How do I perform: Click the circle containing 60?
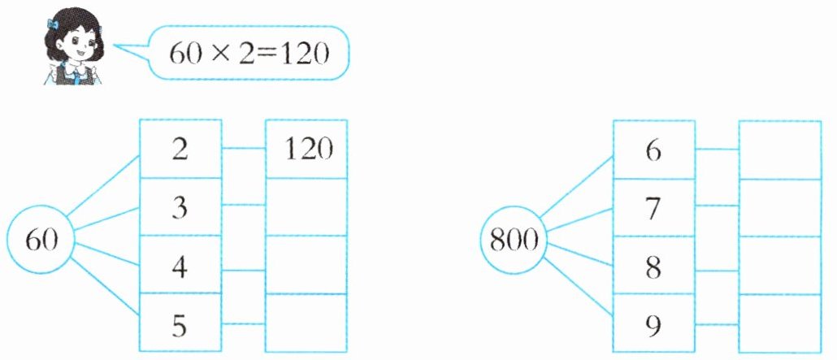click(x=40, y=240)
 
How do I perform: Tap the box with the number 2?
click(x=180, y=150)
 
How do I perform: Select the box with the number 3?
click(x=180, y=207)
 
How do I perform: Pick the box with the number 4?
click(x=180, y=265)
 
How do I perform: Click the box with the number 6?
click(x=653, y=150)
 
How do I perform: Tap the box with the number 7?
click(x=653, y=207)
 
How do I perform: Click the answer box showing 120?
click(x=306, y=150)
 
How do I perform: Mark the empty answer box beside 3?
click(x=306, y=207)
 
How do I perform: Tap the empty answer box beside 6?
click(x=779, y=150)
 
